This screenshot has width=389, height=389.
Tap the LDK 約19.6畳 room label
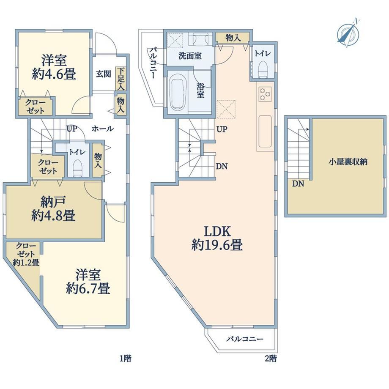217,238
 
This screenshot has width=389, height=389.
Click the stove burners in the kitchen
265,94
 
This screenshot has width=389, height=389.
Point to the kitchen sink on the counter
265,131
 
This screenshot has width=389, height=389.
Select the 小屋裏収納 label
348,162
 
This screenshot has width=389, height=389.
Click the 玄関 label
104,74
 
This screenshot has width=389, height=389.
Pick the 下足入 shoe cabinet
121,79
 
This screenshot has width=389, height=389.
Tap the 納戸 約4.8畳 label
53,208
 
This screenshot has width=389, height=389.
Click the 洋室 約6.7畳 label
88,281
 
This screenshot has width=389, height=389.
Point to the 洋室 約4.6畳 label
54,67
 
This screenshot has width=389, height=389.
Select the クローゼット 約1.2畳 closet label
26,254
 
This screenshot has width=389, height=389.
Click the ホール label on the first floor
103,129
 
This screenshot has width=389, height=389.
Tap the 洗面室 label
190,56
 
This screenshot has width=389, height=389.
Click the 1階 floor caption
125,358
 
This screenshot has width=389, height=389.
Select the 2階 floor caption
271,358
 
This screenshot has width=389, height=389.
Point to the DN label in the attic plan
298,184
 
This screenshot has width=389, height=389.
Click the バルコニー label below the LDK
245,339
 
